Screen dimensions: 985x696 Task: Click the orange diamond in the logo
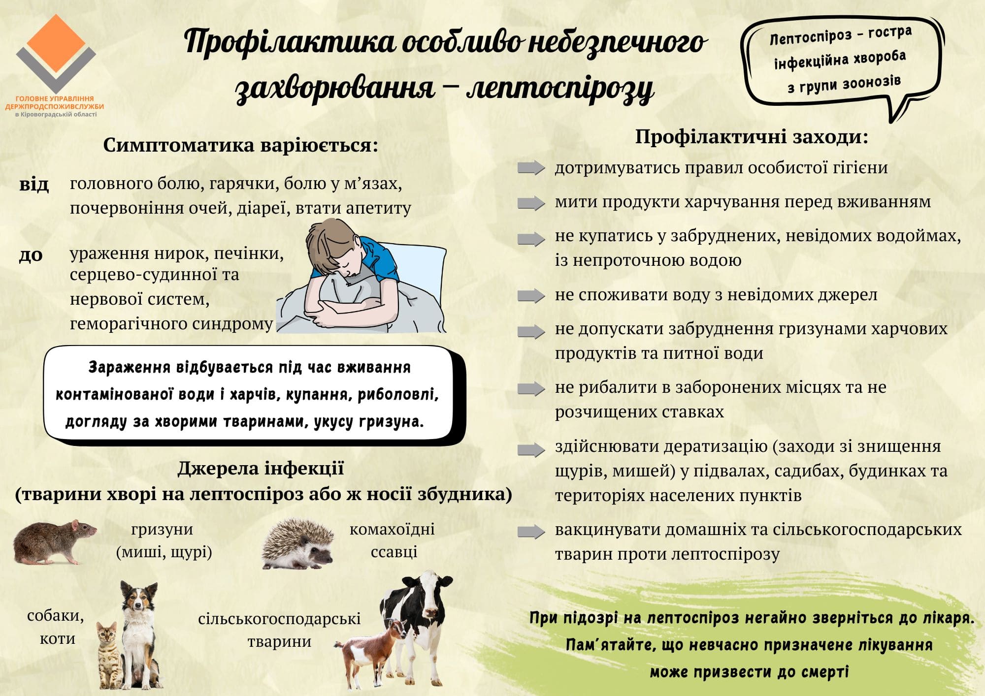click(56, 43)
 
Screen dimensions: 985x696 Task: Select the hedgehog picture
click(298, 543)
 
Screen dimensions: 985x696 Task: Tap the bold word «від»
click(34, 185)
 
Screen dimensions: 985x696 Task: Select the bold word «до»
click(31, 255)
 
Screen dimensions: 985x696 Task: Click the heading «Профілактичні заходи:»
click(752, 136)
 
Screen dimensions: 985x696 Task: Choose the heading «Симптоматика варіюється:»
click(241, 145)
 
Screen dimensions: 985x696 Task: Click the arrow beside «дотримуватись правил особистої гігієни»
click(531, 168)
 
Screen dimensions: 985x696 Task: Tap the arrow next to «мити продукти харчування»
click(531, 203)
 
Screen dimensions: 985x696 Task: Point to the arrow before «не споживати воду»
click(531, 296)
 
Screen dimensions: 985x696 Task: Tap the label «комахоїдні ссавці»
click(393, 540)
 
